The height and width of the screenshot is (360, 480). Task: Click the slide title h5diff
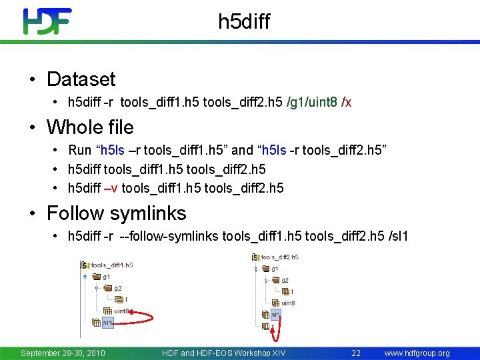point(244,22)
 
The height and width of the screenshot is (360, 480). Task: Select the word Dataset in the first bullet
point(81,79)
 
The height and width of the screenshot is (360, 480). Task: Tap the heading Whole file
point(90,127)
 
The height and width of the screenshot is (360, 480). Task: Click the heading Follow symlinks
point(116,213)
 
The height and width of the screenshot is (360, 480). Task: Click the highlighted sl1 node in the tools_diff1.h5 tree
point(107,322)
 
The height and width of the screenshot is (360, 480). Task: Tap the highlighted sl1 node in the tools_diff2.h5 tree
point(273,313)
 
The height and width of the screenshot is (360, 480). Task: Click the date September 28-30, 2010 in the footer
point(63,353)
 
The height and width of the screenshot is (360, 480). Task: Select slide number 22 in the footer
point(356,353)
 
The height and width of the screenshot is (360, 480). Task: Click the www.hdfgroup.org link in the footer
point(417,353)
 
